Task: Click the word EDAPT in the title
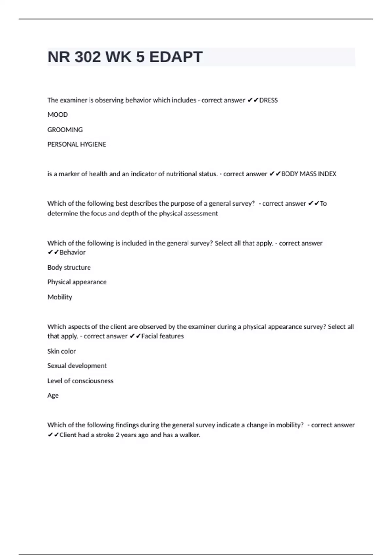(176, 57)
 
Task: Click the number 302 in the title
(88, 57)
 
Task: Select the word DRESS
(269, 100)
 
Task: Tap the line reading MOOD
(57, 115)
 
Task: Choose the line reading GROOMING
(65, 130)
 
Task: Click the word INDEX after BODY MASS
(327, 174)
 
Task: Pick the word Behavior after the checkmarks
(73, 252)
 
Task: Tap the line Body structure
(69, 267)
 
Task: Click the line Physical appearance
(77, 282)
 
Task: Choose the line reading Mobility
(59, 297)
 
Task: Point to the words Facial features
(162, 336)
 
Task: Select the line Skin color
(61, 351)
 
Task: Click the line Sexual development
(77, 366)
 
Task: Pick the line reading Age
(53, 395)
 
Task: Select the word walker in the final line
(189, 435)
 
